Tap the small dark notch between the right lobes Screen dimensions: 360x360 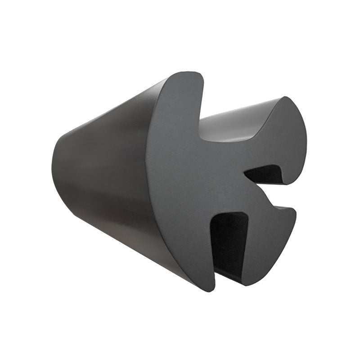pos(265,175)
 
